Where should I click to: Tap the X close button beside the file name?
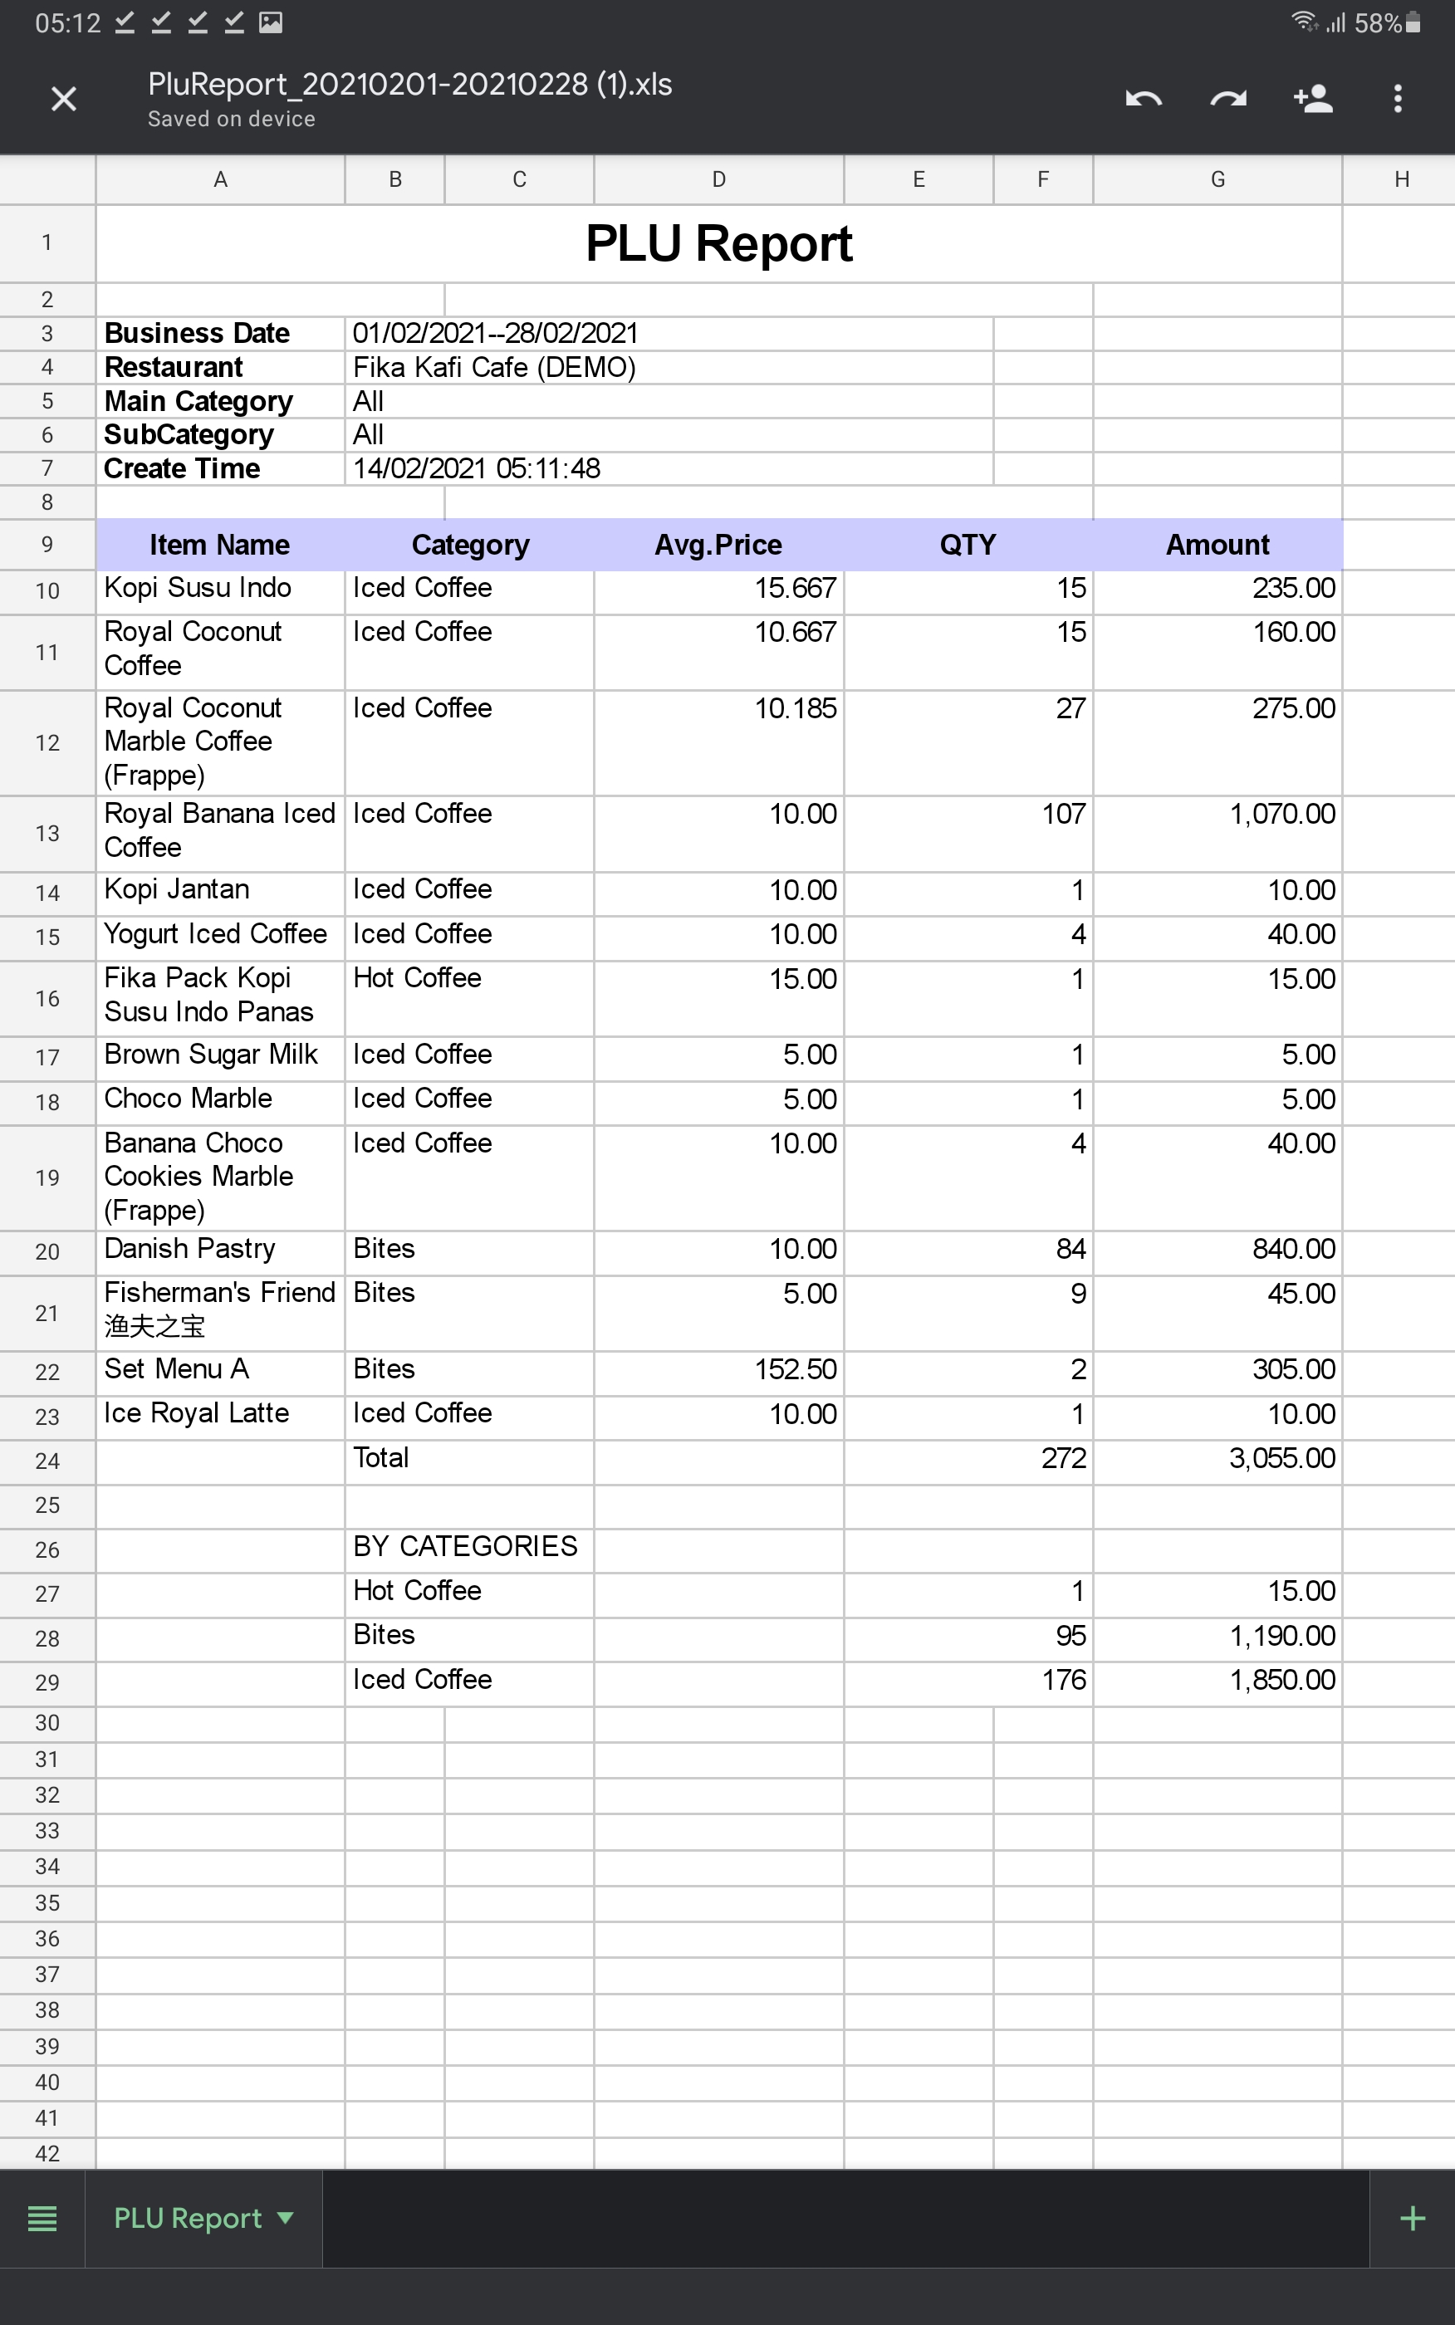coord(63,98)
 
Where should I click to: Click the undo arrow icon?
coord(1144,98)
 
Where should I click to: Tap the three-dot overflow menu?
coord(1397,98)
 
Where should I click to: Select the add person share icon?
coord(1313,98)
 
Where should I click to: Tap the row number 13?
coord(47,834)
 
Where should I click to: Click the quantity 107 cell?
coord(1062,815)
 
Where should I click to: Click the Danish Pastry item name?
coord(189,1249)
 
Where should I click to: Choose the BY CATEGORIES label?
coord(465,1547)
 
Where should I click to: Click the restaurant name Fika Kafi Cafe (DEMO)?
coord(493,368)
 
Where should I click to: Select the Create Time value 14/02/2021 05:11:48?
coord(477,468)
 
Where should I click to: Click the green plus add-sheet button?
coord(1412,2218)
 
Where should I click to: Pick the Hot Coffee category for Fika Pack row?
coord(417,978)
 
